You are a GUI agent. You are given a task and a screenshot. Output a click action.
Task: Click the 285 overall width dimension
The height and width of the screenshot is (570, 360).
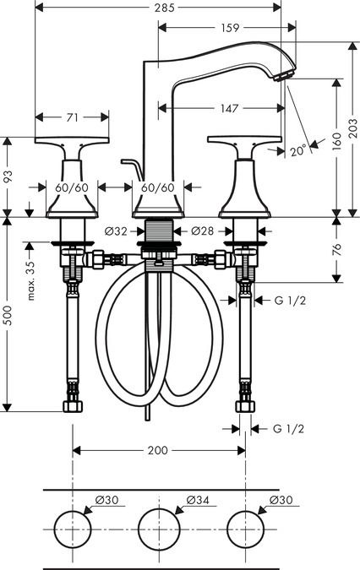coord(164,8)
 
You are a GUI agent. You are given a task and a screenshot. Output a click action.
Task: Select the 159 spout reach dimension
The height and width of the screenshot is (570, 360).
coord(230,28)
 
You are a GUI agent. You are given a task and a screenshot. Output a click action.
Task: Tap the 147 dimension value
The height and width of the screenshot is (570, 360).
coord(229,108)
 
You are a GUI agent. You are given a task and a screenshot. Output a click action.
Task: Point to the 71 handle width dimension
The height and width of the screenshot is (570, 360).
coord(73,117)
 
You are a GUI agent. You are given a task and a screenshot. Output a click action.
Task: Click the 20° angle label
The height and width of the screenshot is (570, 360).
coord(298,150)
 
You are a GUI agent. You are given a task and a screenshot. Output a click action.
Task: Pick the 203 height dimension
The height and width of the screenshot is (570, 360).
coord(352,128)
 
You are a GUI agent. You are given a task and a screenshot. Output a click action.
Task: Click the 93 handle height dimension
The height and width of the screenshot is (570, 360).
coord(8,176)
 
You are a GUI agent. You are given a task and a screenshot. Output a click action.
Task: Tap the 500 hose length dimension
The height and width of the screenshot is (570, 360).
coord(8,315)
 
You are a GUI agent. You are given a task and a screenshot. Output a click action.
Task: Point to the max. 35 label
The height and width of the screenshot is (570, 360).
coord(31,280)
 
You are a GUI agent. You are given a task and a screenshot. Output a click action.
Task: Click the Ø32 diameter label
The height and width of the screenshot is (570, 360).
coord(116,231)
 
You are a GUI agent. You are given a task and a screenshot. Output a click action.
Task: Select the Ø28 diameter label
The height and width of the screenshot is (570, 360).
coord(203,231)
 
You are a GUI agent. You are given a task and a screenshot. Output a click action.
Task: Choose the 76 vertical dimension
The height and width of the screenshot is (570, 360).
coord(336,250)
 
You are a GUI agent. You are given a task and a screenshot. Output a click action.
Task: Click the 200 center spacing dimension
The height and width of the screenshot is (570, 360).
coord(158,450)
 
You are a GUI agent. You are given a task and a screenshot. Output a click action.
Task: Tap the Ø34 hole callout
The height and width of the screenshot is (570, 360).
coord(198,500)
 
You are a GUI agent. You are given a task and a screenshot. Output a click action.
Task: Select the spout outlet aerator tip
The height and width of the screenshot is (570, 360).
coord(282,76)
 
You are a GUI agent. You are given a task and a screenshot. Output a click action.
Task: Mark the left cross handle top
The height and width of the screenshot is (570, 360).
coord(72,140)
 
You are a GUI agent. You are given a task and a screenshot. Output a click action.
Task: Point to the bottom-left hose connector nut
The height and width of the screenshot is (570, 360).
coord(73,406)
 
